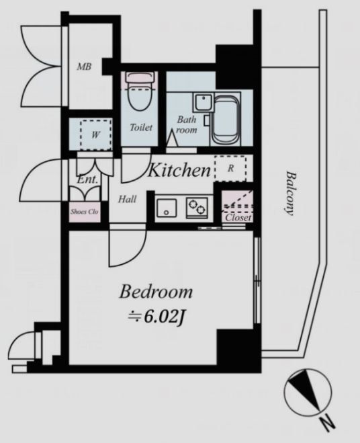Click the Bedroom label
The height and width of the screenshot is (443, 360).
[156, 292]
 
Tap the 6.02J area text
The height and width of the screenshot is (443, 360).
[156, 317]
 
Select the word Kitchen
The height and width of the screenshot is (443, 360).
[179, 170]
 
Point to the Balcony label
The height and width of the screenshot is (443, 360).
[291, 193]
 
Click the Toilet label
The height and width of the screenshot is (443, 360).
[141, 128]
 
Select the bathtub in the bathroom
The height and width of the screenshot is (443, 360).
[226, 120]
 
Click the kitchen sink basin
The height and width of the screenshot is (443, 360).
[167, 208]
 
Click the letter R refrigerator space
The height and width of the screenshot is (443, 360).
[230, 168]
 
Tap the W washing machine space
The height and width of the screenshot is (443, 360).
[95, 134]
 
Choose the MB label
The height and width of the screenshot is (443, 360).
[84, 67]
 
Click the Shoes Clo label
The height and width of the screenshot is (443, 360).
[85, 211]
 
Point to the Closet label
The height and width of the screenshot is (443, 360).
[238, 218]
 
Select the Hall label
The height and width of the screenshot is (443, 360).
[127, 199]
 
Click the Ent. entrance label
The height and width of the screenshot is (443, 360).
[87, 179]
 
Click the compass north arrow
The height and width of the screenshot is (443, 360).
[306, 390]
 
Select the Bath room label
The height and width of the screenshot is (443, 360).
[186, 124]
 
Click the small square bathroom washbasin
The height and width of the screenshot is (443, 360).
[203, 102]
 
